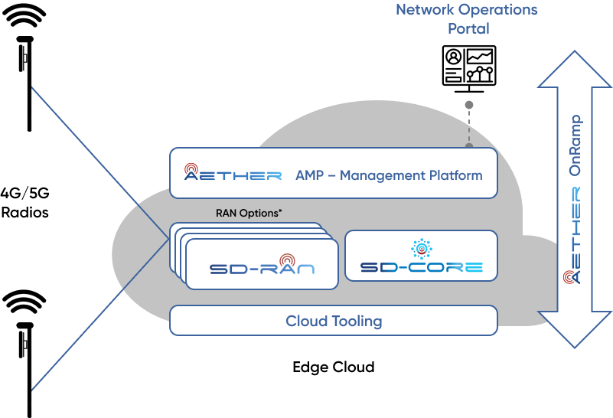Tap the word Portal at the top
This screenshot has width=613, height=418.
tap(468, 28)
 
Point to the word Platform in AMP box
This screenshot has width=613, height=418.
tap(456, 175)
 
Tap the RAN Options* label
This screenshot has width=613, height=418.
tap(249, 214)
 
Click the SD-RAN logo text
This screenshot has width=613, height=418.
tap(262, 269)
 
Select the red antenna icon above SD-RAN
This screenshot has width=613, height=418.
tap(287, 260)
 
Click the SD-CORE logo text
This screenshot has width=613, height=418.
tap(421, 268)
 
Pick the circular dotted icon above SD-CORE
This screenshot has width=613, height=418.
tap(421, 248)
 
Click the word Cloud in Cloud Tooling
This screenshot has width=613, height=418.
tap(306, 321)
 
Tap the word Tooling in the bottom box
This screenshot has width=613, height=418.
tap(356, 321)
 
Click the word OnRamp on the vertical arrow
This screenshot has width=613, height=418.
tap(576, 146)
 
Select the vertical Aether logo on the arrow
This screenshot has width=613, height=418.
tap(574, 233)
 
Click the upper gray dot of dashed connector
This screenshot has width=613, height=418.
tap(469, 104)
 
